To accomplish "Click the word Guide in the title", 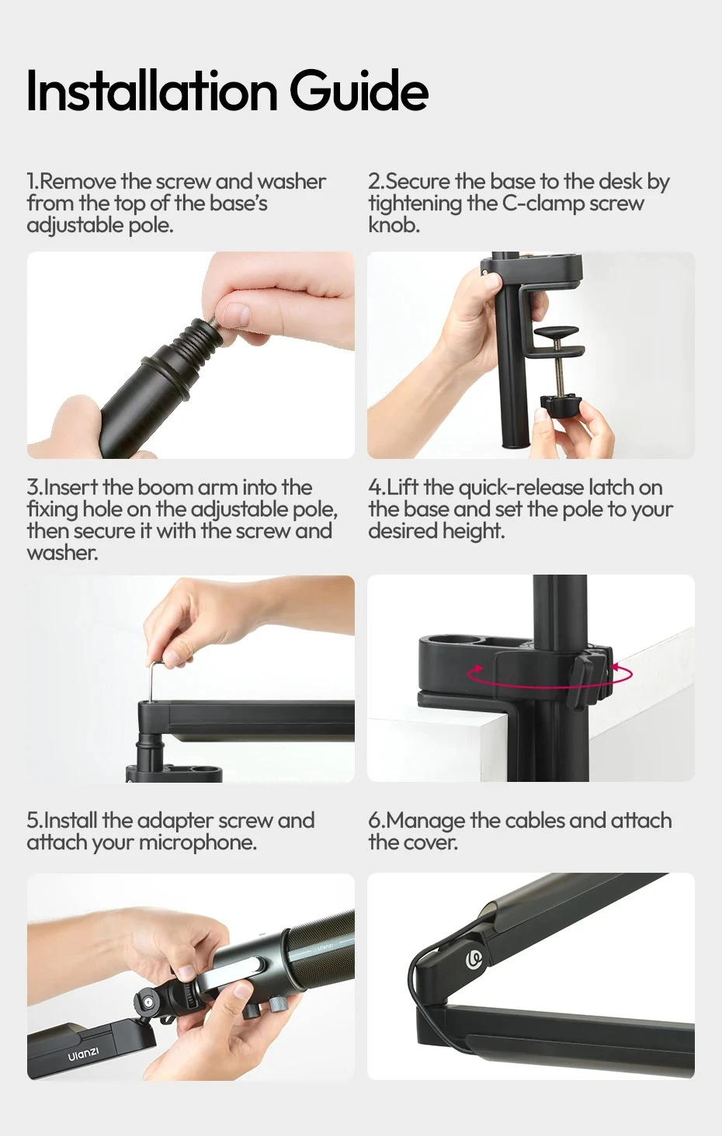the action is pyautogui.click(x=359, y=91).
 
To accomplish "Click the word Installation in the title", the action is pyautogui.click(x=152, y=91).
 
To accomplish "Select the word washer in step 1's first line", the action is pyautogui.click(x=292, y=181).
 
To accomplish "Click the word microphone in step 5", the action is pyautogui.click(x=198, y=843).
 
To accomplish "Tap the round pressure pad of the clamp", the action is pyautogui.click(x=557, y=334).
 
